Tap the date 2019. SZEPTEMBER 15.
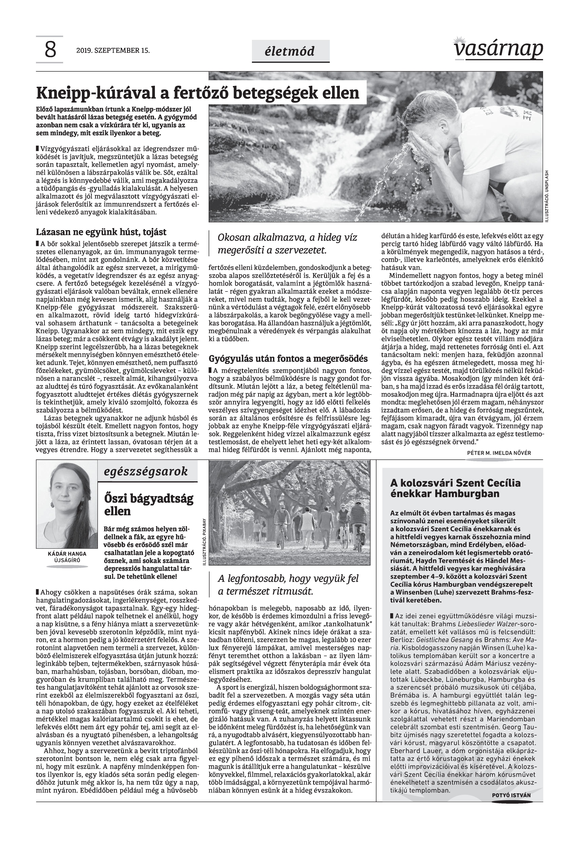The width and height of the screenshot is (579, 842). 113,51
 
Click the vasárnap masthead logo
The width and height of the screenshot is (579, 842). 498,48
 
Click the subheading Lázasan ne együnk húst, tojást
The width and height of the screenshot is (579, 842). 101,232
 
